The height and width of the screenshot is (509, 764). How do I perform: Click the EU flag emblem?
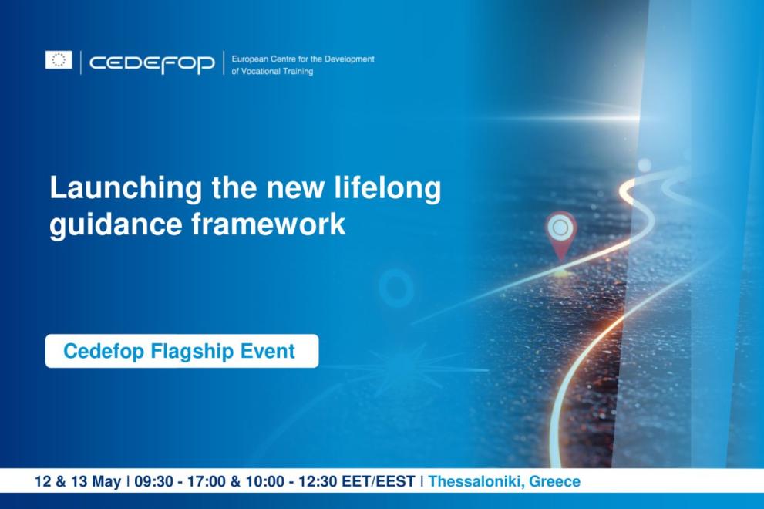click(x=59, y=60)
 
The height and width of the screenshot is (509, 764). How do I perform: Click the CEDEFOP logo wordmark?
click(x=152, y=63)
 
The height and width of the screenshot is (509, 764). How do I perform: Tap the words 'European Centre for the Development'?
click(x=302, y=59)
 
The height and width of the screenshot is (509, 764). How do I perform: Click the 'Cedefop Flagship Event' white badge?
click(x=181, y=352)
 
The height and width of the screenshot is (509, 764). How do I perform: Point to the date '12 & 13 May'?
click(x=77, y=482)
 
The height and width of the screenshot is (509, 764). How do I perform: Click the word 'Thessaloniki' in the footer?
click(x=475, y=482)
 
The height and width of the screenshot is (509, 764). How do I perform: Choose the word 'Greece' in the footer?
click(x=554, y=482)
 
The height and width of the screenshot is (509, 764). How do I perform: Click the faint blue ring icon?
click(x=396, y=288)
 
